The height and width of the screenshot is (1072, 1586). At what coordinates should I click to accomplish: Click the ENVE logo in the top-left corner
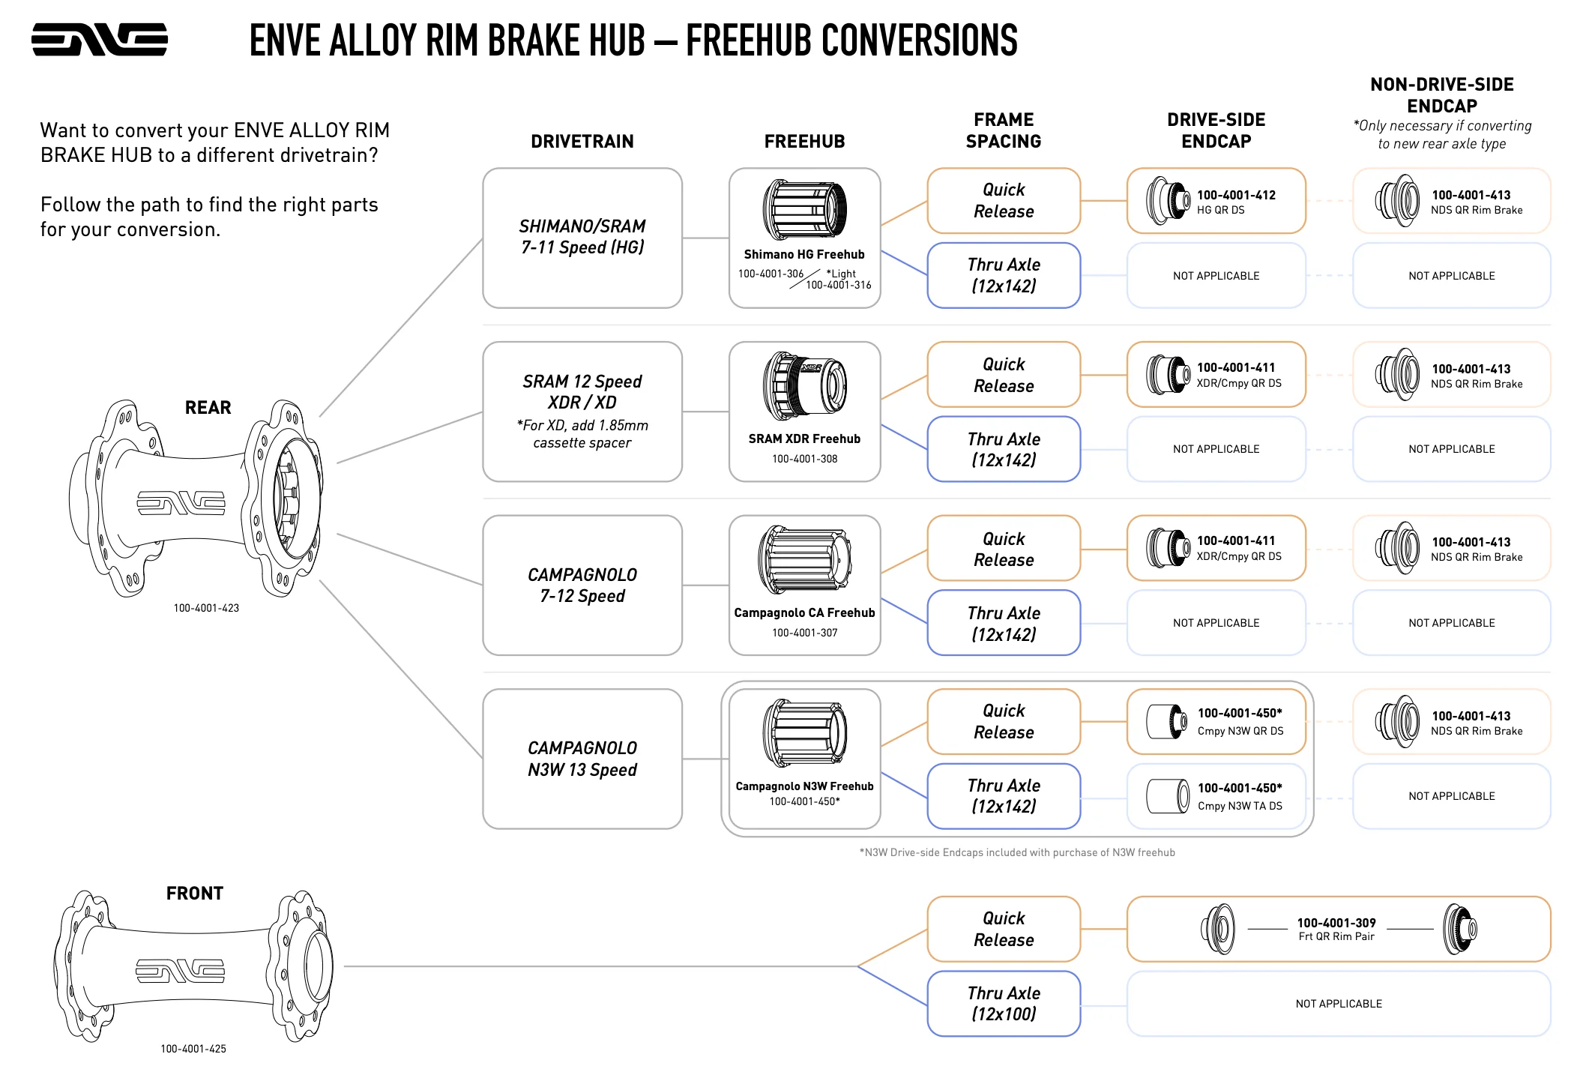point(99,39)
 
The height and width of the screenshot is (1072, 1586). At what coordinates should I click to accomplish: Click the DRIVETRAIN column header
point(582,141)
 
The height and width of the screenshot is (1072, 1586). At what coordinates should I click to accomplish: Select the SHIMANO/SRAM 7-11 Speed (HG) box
point(582,237)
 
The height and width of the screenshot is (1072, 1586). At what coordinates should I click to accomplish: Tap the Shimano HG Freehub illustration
point(804,209)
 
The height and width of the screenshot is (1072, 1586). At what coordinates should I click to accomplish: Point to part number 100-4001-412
point(1236,195)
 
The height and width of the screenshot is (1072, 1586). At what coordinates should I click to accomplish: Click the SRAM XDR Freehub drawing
point(804,386)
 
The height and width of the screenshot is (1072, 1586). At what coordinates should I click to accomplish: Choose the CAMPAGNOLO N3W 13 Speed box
point(582,759)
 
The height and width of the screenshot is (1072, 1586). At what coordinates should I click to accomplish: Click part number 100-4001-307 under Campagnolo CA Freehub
point(804,633)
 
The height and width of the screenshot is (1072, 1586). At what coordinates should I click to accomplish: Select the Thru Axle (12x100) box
point(1004,1003)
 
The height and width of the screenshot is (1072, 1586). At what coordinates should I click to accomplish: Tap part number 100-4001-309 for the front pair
point(1336,923)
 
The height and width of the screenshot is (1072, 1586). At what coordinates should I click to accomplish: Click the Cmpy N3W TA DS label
point(1240,806)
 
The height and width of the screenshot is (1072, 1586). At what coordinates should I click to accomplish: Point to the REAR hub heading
point(208,408)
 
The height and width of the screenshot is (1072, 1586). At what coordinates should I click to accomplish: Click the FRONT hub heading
point(195,894)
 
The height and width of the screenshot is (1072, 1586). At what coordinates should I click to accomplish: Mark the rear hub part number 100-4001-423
point(206,608)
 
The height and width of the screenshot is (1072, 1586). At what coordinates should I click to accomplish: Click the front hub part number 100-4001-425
point(193,1049)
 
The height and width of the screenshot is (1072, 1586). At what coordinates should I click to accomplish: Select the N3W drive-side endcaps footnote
point(1017,852)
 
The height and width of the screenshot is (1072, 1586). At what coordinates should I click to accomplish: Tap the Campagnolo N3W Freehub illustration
point(804,733)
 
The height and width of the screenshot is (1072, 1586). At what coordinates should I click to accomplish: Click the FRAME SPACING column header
point(1003,130)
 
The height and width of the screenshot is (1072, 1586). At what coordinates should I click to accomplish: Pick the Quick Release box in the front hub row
point(1004,929)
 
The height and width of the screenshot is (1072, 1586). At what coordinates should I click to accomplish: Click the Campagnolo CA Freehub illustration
point(804,559)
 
